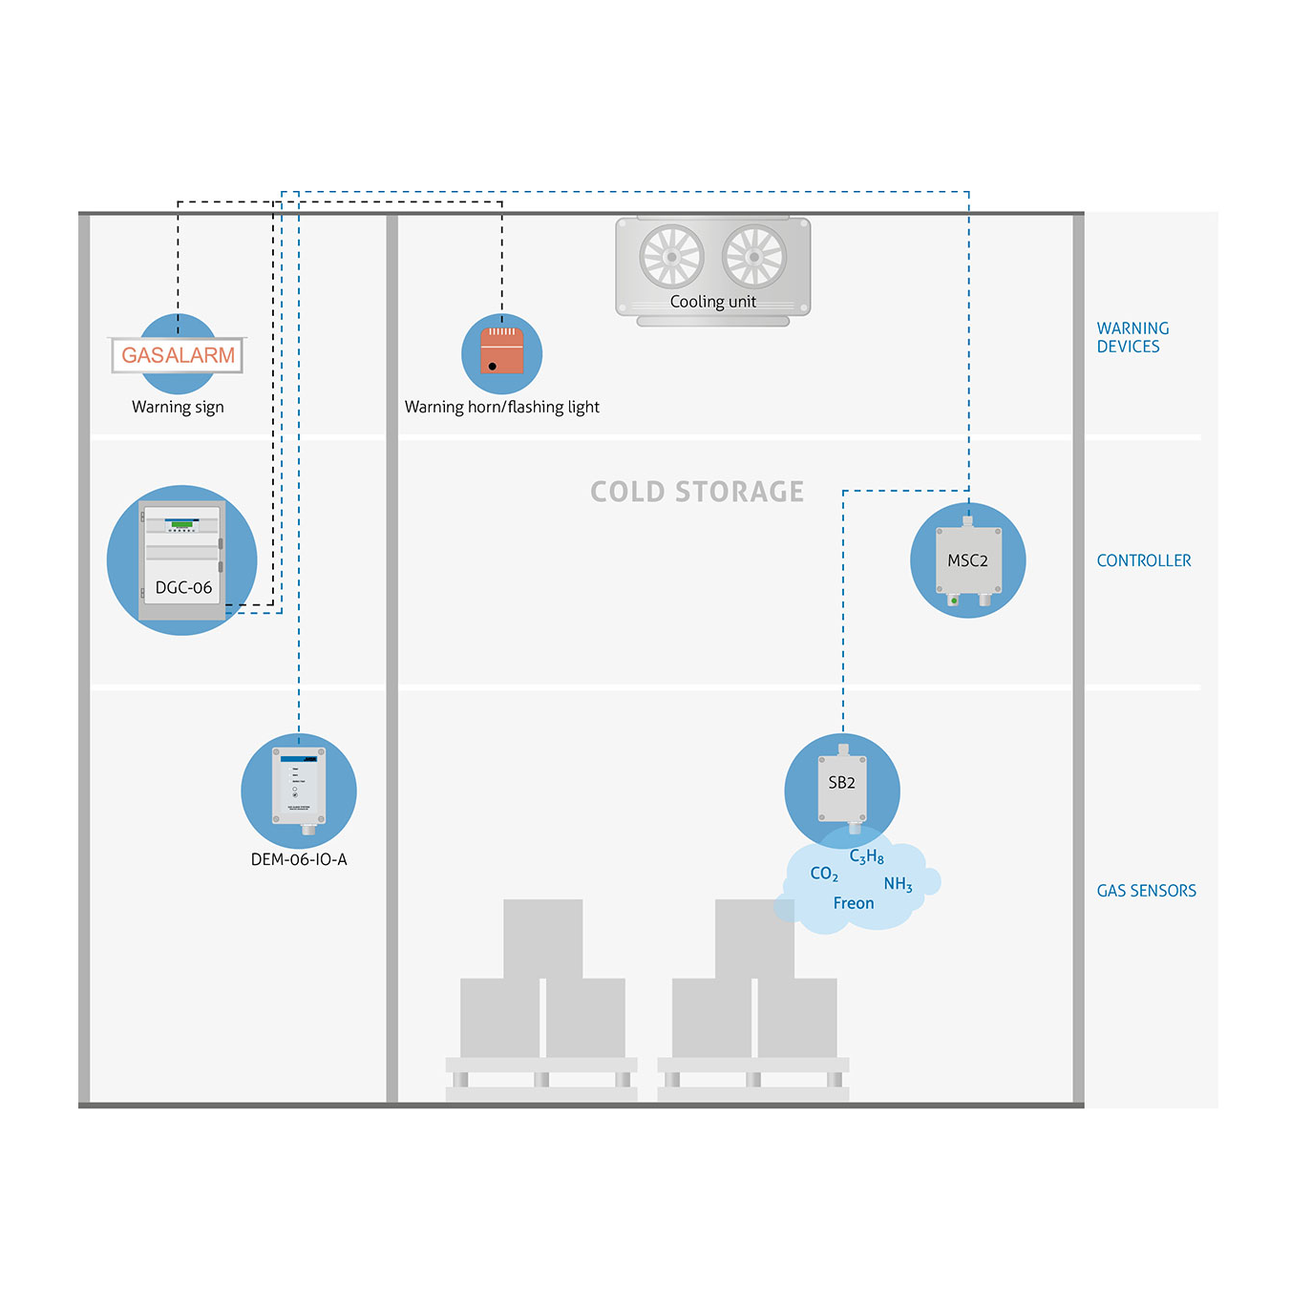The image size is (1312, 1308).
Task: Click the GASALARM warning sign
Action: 177,355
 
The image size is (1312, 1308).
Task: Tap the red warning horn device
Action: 501,350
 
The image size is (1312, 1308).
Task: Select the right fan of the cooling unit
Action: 753,257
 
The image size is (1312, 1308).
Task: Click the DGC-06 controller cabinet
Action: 181,560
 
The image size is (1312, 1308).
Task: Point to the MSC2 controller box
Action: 967,559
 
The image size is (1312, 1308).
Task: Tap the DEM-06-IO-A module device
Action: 299,789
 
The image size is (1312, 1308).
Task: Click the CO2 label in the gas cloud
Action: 824,874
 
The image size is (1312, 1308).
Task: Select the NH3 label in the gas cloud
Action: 898,884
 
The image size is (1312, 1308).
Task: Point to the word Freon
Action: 853,903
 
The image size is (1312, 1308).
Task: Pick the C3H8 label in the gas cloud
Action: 866,856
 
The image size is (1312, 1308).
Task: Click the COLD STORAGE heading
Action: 696,492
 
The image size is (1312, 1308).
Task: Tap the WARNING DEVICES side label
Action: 1132,337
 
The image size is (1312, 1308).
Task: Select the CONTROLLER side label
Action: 1143,560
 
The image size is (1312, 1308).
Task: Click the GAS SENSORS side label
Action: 1146,891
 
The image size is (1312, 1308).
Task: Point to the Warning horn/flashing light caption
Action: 501,407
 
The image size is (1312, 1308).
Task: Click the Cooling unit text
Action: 713,302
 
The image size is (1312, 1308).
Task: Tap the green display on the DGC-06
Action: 181,524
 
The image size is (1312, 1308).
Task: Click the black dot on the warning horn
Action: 493,367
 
